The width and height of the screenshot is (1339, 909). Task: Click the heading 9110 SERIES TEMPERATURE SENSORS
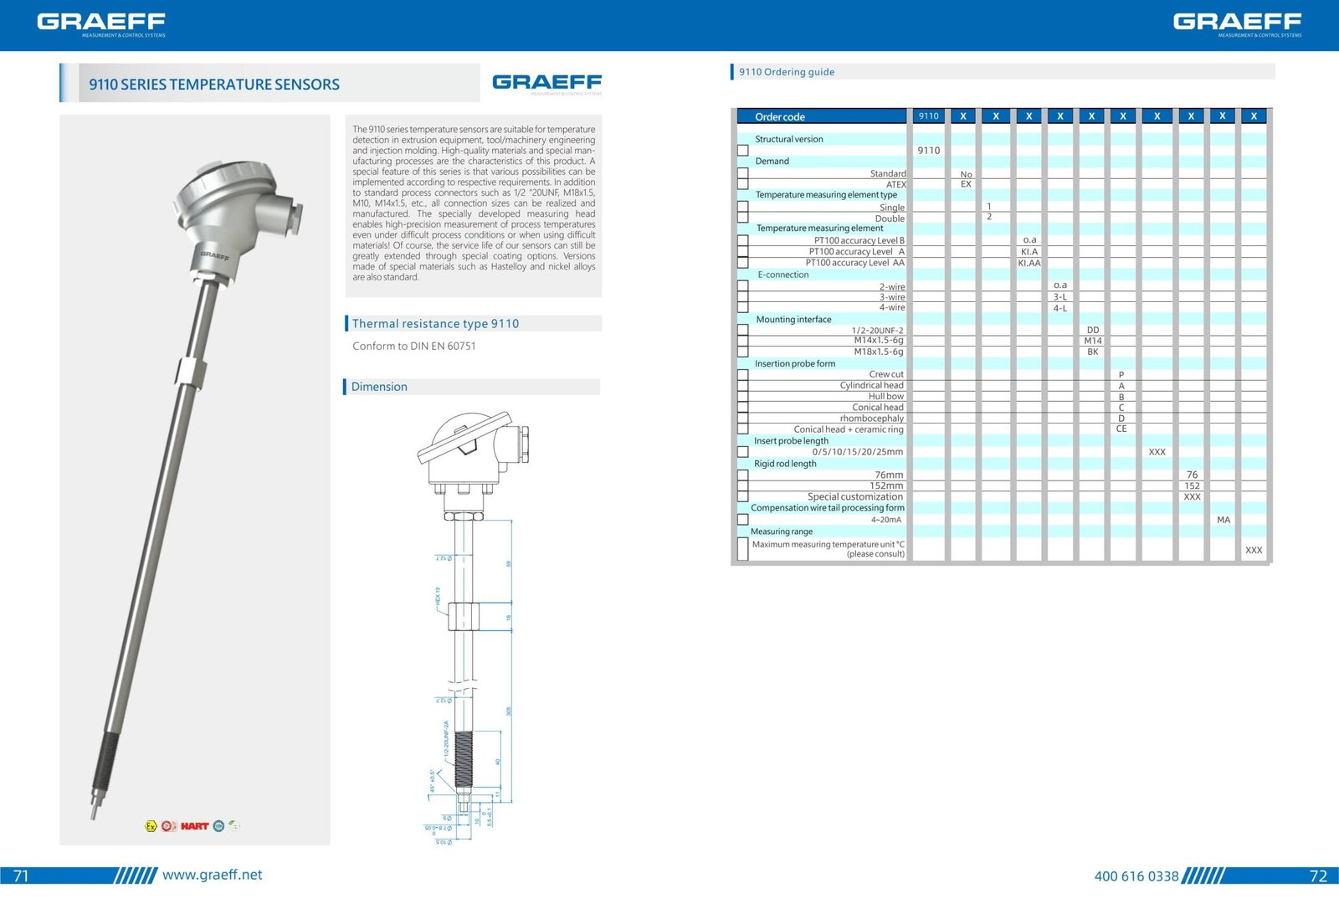point(214,85)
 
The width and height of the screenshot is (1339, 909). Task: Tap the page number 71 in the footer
point(21,876)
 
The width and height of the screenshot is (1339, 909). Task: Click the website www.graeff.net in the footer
point(212,875)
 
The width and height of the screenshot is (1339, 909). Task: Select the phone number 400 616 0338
point(1136,876)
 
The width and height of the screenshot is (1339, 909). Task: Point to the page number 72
point(1317,876)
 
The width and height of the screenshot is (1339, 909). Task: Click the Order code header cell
point(780,117)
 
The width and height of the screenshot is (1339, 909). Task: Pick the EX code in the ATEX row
point(966,184)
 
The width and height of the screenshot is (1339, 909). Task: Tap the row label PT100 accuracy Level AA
point(854,263)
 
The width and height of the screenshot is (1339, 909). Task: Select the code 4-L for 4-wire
point(1059,308)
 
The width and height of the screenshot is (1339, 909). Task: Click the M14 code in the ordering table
point(1092,341)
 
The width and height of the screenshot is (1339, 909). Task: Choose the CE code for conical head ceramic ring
point(1121,429)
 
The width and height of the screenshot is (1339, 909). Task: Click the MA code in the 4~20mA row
point(1223,520)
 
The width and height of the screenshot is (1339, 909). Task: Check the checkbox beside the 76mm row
point(742,475)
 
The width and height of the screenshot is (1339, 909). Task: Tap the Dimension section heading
point(379,387)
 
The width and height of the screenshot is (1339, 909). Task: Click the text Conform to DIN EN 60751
point(413,346)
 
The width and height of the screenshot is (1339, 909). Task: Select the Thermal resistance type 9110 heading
point(435,324)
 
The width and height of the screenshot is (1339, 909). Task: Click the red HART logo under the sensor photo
point(194,826)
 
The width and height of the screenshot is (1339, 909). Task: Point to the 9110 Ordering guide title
point(787,72)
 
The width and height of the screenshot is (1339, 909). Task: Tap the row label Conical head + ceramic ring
point(848,429)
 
